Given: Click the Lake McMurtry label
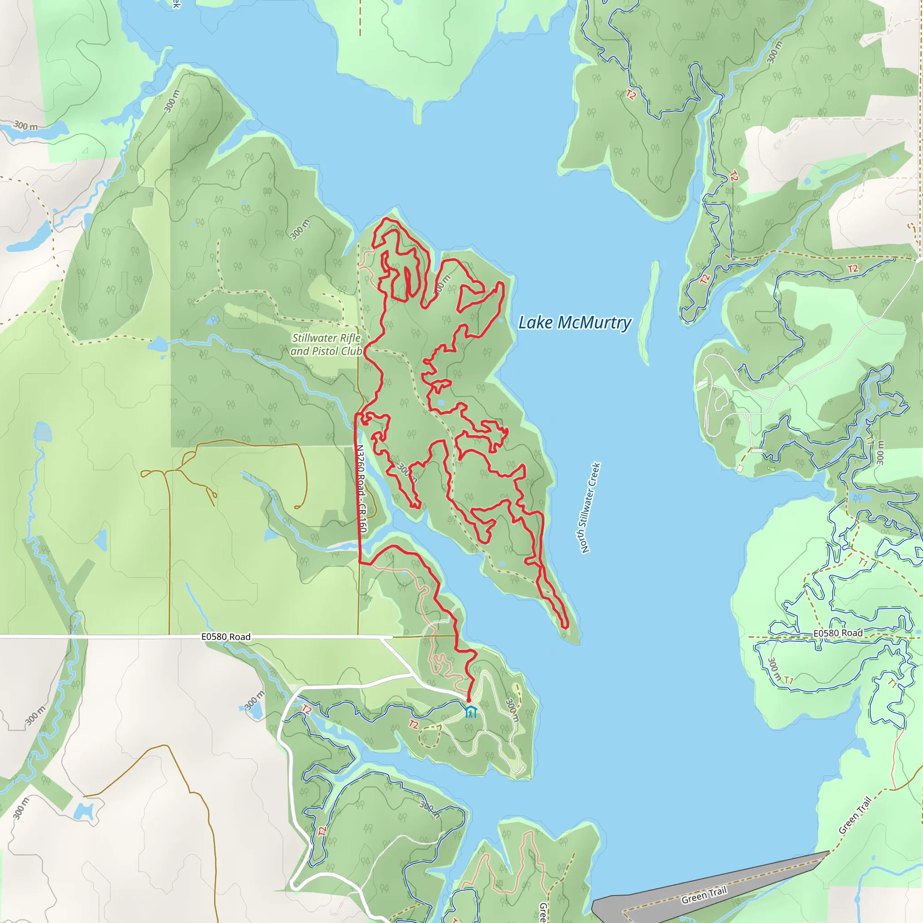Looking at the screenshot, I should click(575, 323).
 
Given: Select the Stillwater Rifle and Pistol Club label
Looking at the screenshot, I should click(327, 344).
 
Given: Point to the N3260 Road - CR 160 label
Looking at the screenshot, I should click(361, 488).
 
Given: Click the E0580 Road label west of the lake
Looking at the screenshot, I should click(225, 637).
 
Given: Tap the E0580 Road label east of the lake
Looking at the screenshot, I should click(838, 633).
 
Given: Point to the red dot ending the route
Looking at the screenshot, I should click(469, 700).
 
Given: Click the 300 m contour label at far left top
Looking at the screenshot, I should click(25, 126).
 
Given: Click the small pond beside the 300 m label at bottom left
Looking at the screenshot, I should click(84, 811).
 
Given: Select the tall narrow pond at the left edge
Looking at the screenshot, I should click(42, 432).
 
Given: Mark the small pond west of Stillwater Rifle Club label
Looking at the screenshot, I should click(158, 343).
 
